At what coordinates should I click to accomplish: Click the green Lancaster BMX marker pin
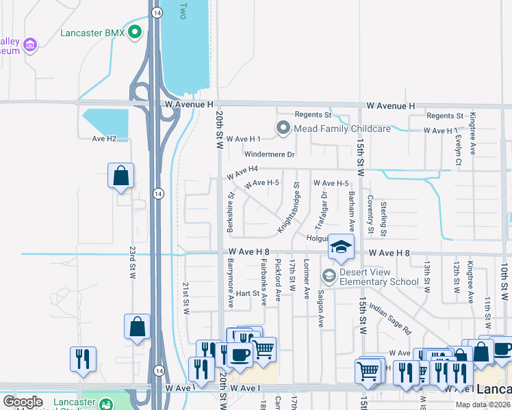(135, 31)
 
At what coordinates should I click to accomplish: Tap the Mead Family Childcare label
(342, 128)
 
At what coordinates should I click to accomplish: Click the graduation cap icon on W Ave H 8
(340, 247)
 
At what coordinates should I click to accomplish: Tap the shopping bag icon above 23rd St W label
(121, 176)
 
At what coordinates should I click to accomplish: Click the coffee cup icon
(240, 354)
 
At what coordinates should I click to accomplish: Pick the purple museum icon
(29, 46)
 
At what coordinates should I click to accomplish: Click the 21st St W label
(185, 297)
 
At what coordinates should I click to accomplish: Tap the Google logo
(23, 402)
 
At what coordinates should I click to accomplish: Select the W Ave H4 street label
(242, 169)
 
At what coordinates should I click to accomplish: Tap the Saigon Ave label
(320, 309)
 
